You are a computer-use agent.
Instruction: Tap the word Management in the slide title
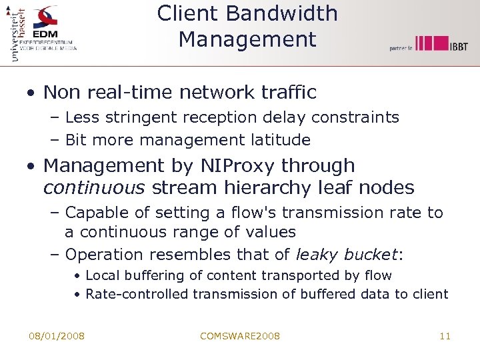(247, 39)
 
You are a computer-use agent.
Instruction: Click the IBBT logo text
(458, 45)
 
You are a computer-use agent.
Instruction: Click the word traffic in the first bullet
(285, 92)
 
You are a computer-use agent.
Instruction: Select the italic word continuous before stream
(94, 188)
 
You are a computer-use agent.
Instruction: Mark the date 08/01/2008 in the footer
(57, 336)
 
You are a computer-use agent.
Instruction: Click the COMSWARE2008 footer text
(240, 336)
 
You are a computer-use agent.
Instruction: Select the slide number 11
(445, 336)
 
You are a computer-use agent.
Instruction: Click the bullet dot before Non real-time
(31, 93)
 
